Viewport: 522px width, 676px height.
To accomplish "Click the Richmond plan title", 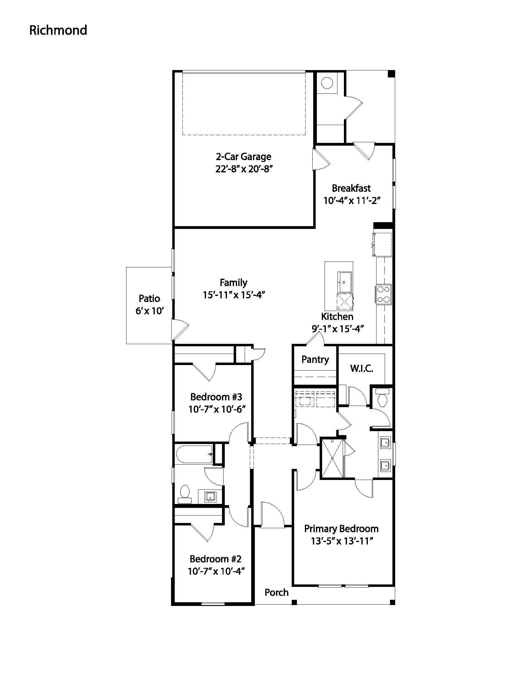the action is (58, 30).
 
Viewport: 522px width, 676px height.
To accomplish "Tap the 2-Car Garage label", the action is (243, 157).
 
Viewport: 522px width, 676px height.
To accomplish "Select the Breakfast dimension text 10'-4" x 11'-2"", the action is (352, 201).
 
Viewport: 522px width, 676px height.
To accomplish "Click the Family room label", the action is (233, 283).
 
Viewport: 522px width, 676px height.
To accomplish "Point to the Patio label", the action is (149, 298).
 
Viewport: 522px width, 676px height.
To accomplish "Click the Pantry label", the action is (315, 360).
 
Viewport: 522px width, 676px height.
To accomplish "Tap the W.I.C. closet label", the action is (362, 369).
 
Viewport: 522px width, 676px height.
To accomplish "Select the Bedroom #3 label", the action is (216, 397).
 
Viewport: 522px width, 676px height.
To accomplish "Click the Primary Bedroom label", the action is (341, 529).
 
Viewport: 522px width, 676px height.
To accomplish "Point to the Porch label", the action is (276, 592).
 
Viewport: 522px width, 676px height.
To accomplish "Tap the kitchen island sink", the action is (345, 282).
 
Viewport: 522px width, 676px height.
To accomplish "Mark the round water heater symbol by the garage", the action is (327, 83).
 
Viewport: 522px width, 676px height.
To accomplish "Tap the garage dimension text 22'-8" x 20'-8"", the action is (243, 169).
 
